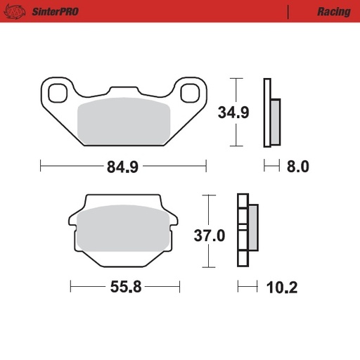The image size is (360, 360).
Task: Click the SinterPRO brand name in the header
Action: tap(54, 12)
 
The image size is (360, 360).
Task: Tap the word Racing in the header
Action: tap(330, 12)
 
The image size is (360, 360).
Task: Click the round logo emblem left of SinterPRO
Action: tap(18, 12)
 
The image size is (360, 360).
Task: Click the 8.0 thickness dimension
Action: tap(295, 167)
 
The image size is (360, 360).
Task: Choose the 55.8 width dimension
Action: tap(125, 287)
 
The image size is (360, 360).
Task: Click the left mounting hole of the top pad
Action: tap(56, 91)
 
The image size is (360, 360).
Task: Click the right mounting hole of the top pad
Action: tap(190, 92)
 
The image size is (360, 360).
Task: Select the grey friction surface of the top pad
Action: tap(124, 124)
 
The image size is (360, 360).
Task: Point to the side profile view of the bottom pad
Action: tap(247, 230)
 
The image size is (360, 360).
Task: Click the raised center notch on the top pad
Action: tap(124, 91)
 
